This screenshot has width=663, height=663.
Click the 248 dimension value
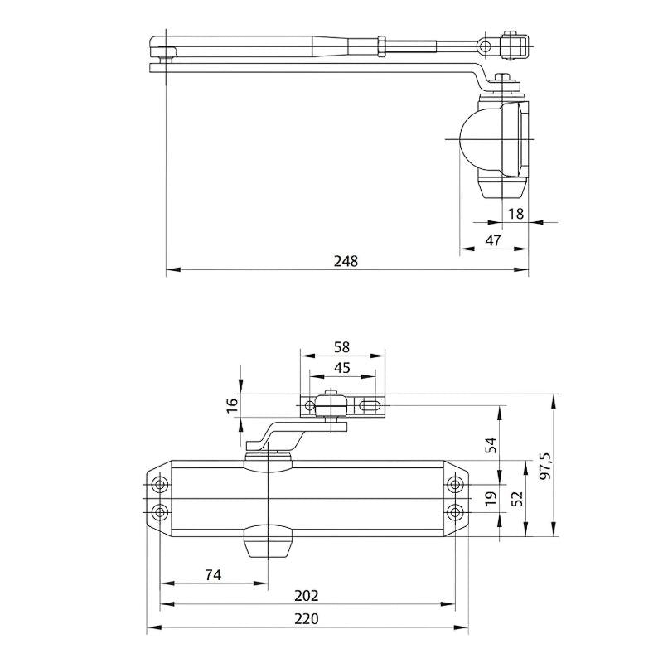(346, 261)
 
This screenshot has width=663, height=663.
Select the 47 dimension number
(493, 240)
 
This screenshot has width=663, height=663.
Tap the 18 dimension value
(515, 214)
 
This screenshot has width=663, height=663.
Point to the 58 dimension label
(341, 347)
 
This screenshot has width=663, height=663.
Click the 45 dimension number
(341, 368)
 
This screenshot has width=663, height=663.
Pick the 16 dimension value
(232, 404)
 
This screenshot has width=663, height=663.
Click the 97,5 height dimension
(544, 467)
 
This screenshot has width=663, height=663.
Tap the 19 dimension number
(490, 498)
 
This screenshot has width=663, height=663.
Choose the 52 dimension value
(517, 498)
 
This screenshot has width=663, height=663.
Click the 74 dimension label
(214, 574)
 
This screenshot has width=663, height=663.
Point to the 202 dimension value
(307, 596)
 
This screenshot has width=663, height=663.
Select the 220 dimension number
(307, 618)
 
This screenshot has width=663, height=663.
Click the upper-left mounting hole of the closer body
(160, 484)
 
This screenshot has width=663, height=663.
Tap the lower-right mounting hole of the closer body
(454, 510)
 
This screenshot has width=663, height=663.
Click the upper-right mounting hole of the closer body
(454, 484)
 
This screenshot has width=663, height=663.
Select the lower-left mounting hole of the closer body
(160, 510)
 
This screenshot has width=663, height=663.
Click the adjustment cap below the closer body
(269, 543)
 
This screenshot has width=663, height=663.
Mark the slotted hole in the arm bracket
(370, 406)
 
